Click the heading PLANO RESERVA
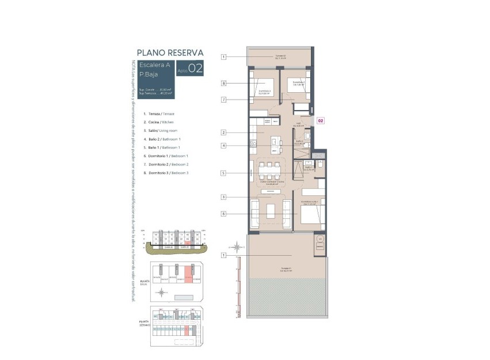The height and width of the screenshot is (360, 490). coord(170,52)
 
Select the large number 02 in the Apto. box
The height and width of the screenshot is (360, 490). coord(195,69)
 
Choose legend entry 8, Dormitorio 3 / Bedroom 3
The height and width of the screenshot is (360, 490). coord(168,173)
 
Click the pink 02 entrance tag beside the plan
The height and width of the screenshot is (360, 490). coord(321,121)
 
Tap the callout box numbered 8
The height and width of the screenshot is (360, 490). coord(223,84)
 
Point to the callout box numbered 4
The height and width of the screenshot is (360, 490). coord(223,146)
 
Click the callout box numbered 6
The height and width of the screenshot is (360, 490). coord(223,214)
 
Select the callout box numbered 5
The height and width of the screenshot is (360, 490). coord(223,173)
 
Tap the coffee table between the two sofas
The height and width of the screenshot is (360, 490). coord(271,211)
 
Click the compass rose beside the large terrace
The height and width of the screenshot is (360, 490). coord(236,247)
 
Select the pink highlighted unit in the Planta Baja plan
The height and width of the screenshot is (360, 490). coord(187,275)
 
